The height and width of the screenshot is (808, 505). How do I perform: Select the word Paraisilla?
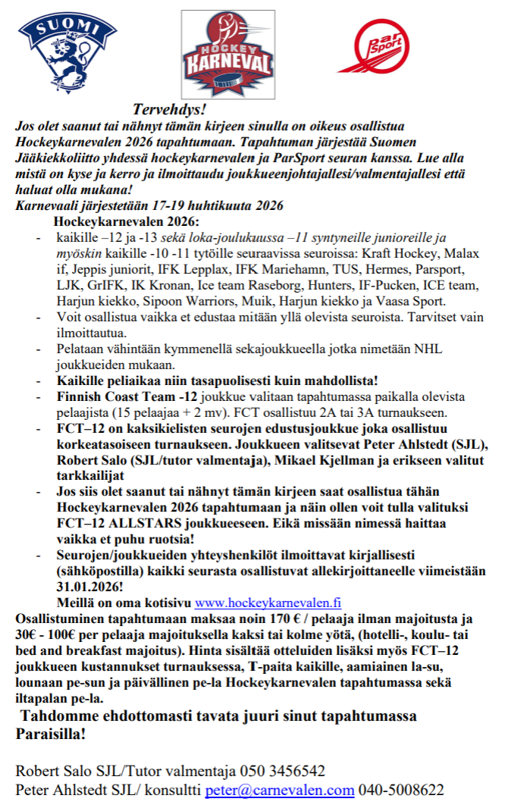coord(51,734)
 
